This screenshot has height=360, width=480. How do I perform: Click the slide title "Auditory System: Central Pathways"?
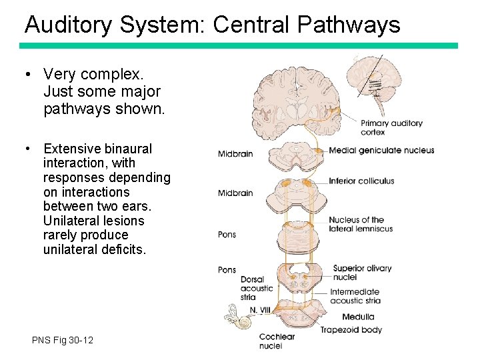[212, 25]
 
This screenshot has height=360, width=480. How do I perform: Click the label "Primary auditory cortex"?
[391, 127]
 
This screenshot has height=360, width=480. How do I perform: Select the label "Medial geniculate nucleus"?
[381, 151]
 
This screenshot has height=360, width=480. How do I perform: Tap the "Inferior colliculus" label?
[361, 181]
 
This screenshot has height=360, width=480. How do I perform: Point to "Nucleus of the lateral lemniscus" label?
[361, 224]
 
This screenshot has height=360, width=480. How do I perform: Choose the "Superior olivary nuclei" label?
[362, 273]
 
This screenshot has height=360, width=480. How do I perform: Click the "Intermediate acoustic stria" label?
[355, 296]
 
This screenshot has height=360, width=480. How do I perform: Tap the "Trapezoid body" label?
[351, 330]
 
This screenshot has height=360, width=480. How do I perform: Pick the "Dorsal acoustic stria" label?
[257, 288]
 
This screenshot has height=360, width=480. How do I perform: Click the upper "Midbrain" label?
[235, 154]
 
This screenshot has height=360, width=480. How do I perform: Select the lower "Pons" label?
[227, 270]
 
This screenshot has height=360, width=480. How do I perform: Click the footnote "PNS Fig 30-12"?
[63, 341]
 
